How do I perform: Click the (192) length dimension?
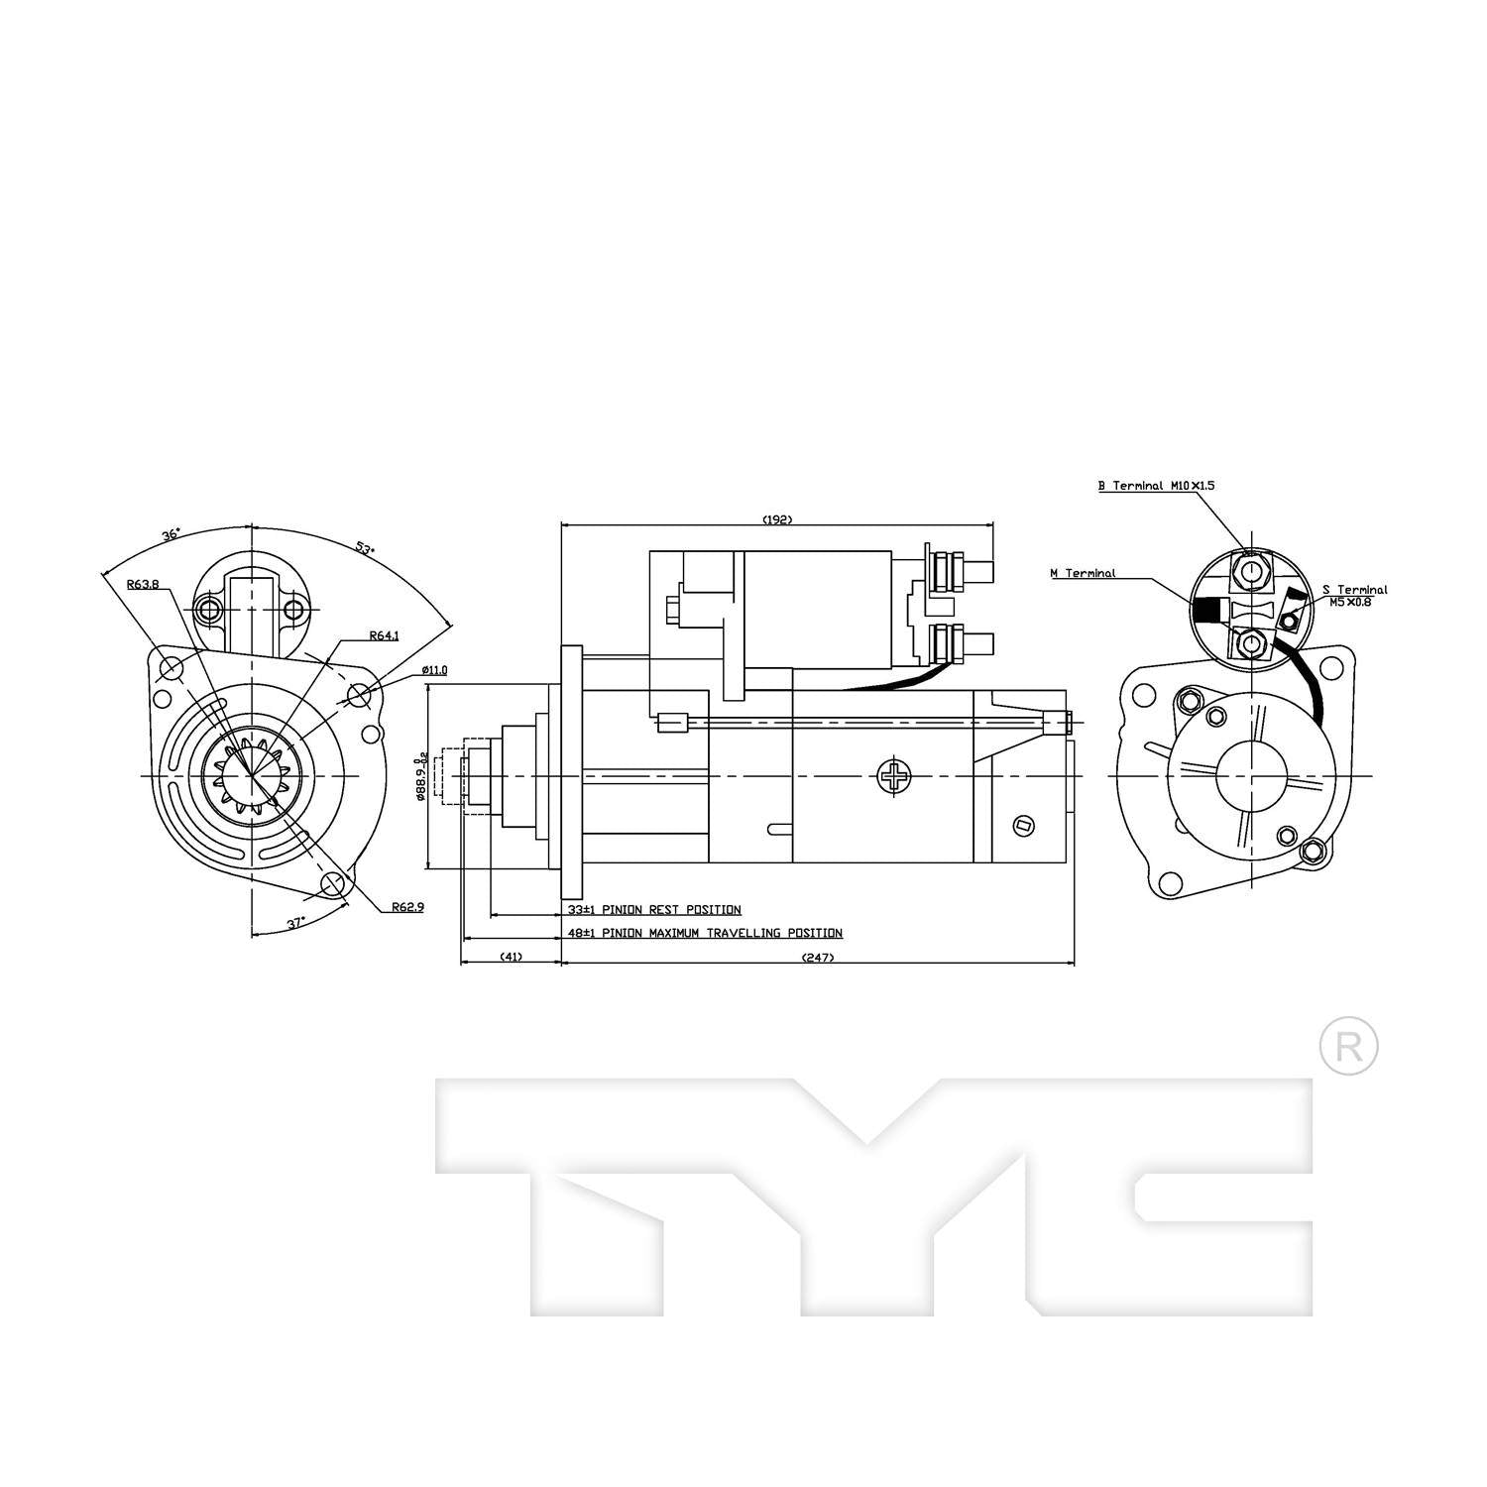[777, 519]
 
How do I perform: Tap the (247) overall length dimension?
[818, 957]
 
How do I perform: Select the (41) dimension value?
[511, 957]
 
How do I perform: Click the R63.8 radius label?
[143, 584]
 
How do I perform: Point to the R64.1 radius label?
[384, 635]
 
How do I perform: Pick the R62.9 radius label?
[407, 906]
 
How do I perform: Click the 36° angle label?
[171, 534]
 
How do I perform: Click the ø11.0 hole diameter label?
[434, 670]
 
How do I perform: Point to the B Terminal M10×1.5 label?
[1156, 486]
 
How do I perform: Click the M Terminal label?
[1083, 573]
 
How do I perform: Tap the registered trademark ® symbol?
[1349, 1046]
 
